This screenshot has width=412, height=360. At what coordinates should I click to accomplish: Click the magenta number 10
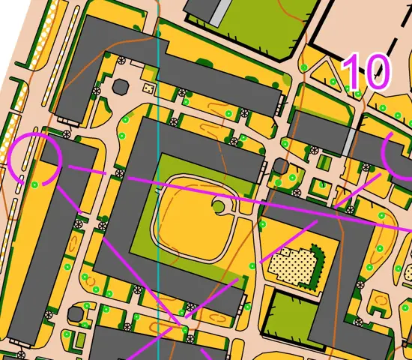[366, 71]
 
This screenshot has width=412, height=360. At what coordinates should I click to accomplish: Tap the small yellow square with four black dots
[148, 88]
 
